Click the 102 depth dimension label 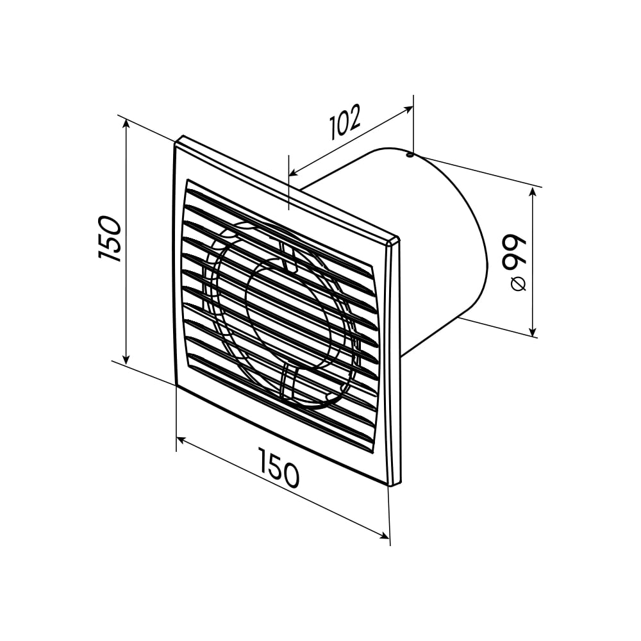345,122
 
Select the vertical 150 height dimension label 110,238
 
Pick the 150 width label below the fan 279,468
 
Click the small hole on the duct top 409,155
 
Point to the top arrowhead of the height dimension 126,125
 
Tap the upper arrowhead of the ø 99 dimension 532,192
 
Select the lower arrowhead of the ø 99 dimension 532,331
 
